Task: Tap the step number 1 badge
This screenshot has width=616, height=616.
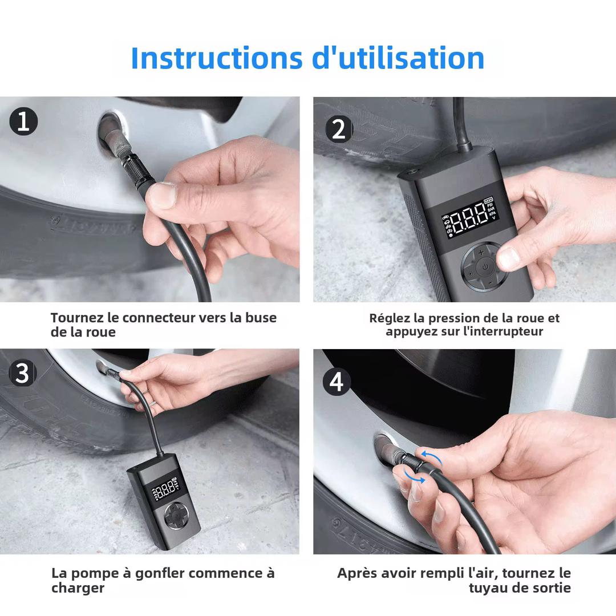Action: tap(23, 122)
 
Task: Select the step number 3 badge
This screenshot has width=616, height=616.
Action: tap(22, 373)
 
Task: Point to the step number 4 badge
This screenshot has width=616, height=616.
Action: tap(337, 381)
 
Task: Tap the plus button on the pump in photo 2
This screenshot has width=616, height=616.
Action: tap(481, 251)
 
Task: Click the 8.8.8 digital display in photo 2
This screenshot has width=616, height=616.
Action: tap(463, 219)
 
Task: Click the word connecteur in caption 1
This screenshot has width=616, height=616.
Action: tap(159, 318)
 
